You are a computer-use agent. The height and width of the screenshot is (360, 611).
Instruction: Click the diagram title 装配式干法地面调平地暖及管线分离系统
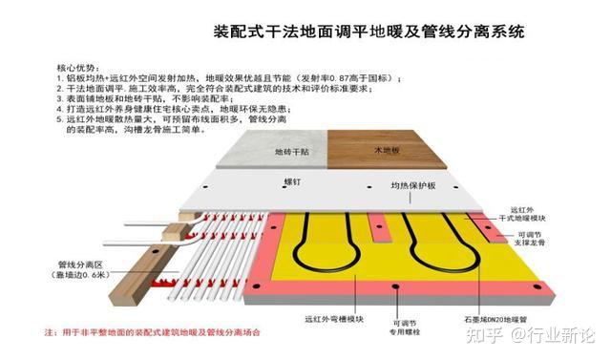369,32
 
